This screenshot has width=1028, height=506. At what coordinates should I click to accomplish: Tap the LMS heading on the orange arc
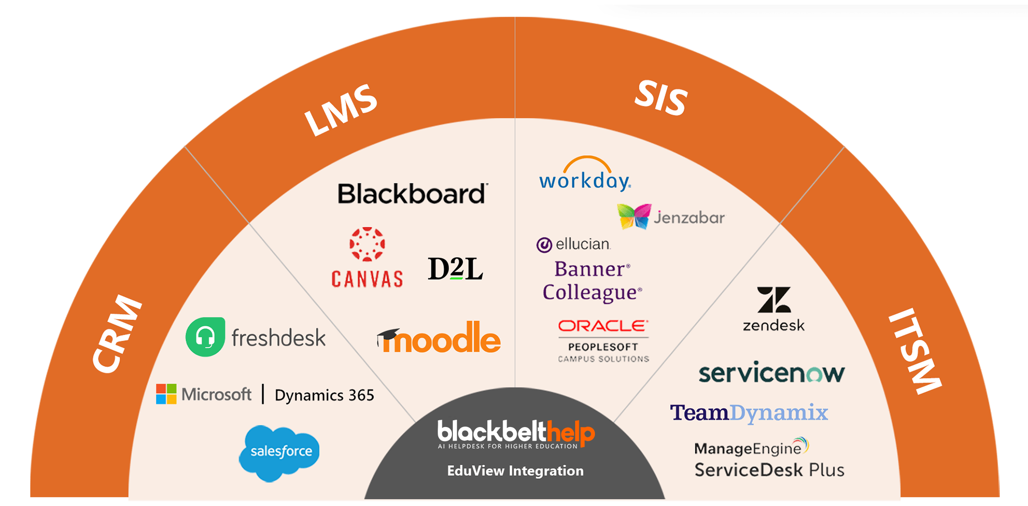pos(341,110)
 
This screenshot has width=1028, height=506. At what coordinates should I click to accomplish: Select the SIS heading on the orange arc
pos(661,98)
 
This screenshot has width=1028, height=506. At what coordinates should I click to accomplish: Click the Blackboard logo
pos(412,193)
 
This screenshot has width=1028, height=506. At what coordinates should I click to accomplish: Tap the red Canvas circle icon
pos(367,244)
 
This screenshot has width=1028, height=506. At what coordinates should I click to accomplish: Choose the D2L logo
pos(455,269)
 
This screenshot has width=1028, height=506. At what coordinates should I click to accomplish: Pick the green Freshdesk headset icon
pos(205,337)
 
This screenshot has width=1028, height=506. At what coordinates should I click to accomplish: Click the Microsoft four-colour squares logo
pos(166,394)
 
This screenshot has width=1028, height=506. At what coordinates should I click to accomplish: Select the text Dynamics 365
pos(324,395)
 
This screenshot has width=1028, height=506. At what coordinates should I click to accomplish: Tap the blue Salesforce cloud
pos(279,453)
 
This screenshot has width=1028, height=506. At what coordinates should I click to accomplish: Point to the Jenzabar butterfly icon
pos(634,216)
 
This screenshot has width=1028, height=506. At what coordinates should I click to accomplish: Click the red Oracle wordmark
pos(603,326)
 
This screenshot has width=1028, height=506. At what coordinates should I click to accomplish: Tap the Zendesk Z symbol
pos(774,300)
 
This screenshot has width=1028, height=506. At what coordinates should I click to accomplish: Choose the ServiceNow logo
pos(772,373)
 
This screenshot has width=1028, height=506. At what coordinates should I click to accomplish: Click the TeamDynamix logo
pos(749,413)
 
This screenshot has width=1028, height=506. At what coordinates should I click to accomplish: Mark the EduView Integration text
pos(515,471)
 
